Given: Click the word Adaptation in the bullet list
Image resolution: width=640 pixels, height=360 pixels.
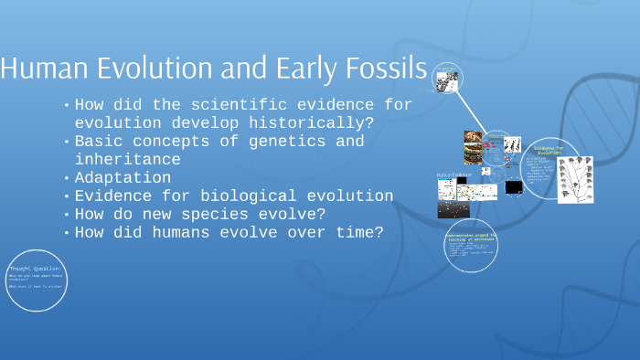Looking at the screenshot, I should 123,177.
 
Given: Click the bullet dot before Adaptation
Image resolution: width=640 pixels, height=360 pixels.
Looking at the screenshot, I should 67,178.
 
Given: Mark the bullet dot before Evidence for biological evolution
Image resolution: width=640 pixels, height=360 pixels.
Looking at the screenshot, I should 67,196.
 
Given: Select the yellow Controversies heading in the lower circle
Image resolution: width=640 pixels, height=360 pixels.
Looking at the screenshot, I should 471,237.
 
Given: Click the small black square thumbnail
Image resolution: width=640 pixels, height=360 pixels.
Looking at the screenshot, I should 514,187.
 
